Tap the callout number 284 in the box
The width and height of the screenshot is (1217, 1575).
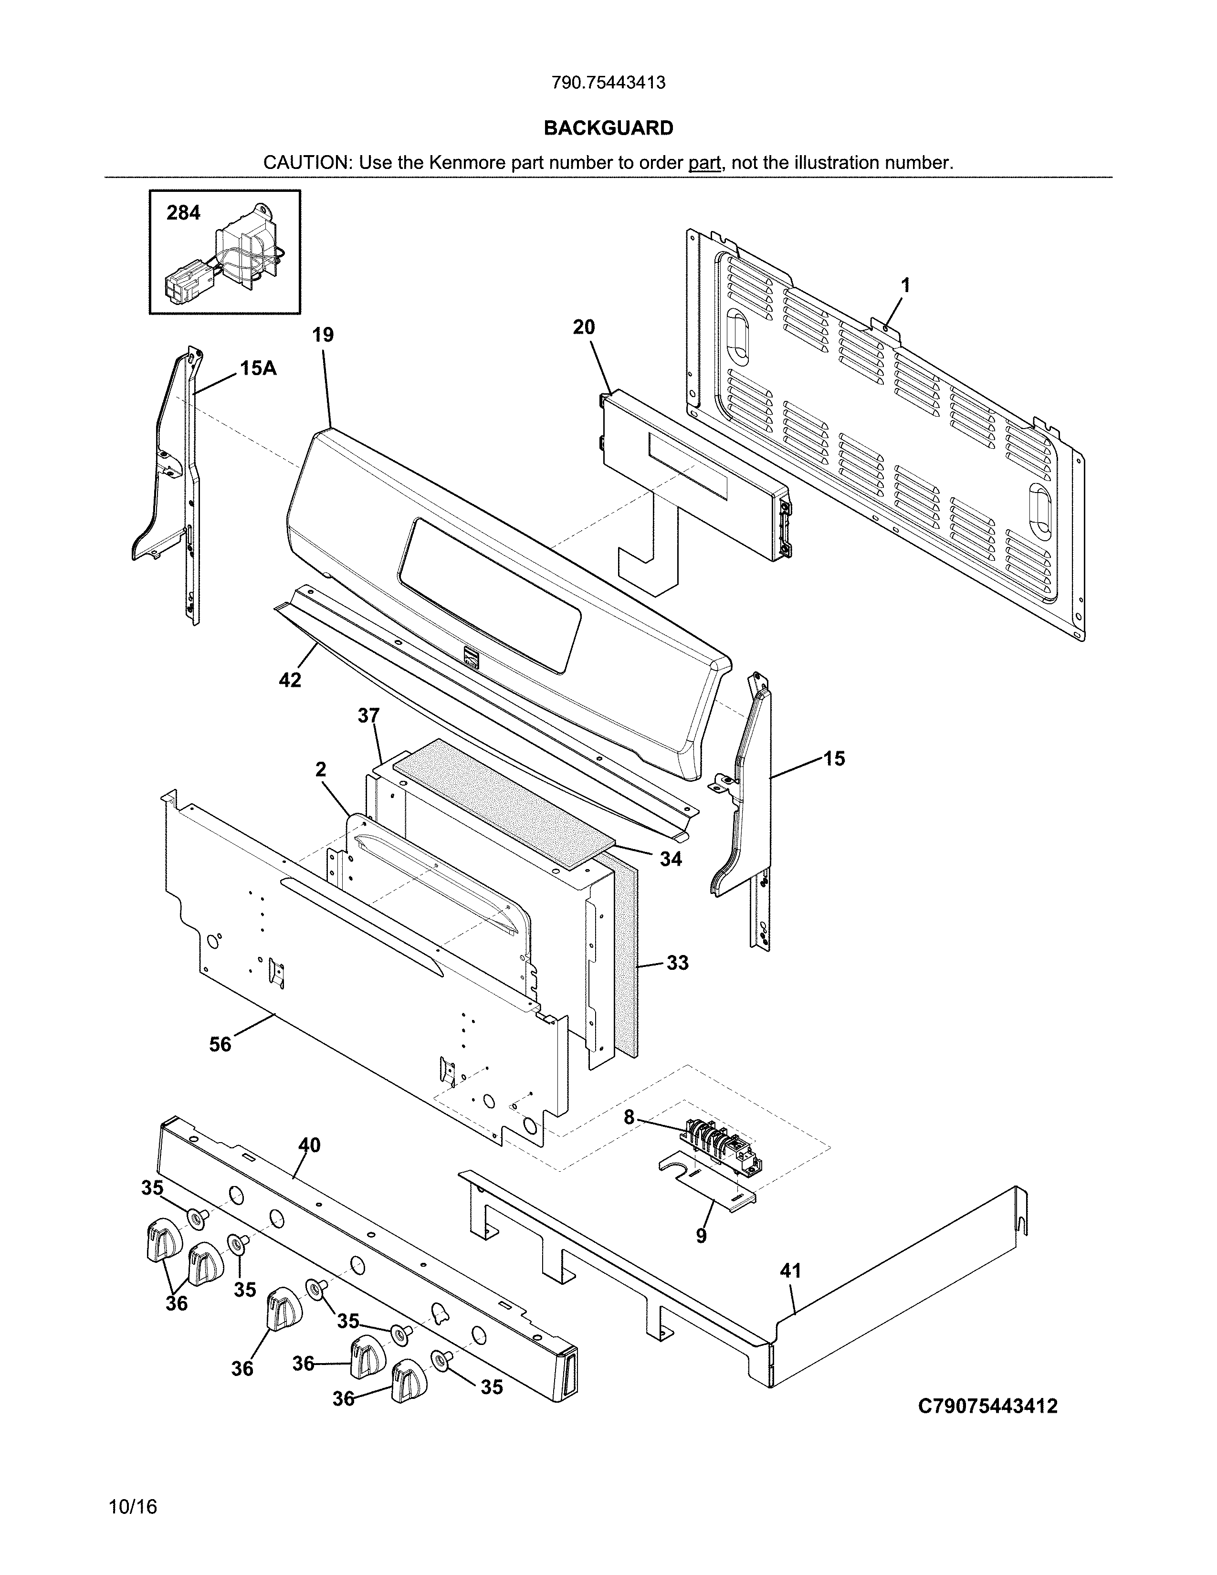183,213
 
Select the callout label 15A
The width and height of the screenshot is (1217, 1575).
258,368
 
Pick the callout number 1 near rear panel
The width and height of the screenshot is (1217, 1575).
905,285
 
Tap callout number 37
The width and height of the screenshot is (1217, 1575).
368,715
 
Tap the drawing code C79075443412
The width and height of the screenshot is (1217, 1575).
987,1406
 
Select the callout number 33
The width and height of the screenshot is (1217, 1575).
677,963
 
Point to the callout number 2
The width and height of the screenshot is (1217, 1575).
321,769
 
